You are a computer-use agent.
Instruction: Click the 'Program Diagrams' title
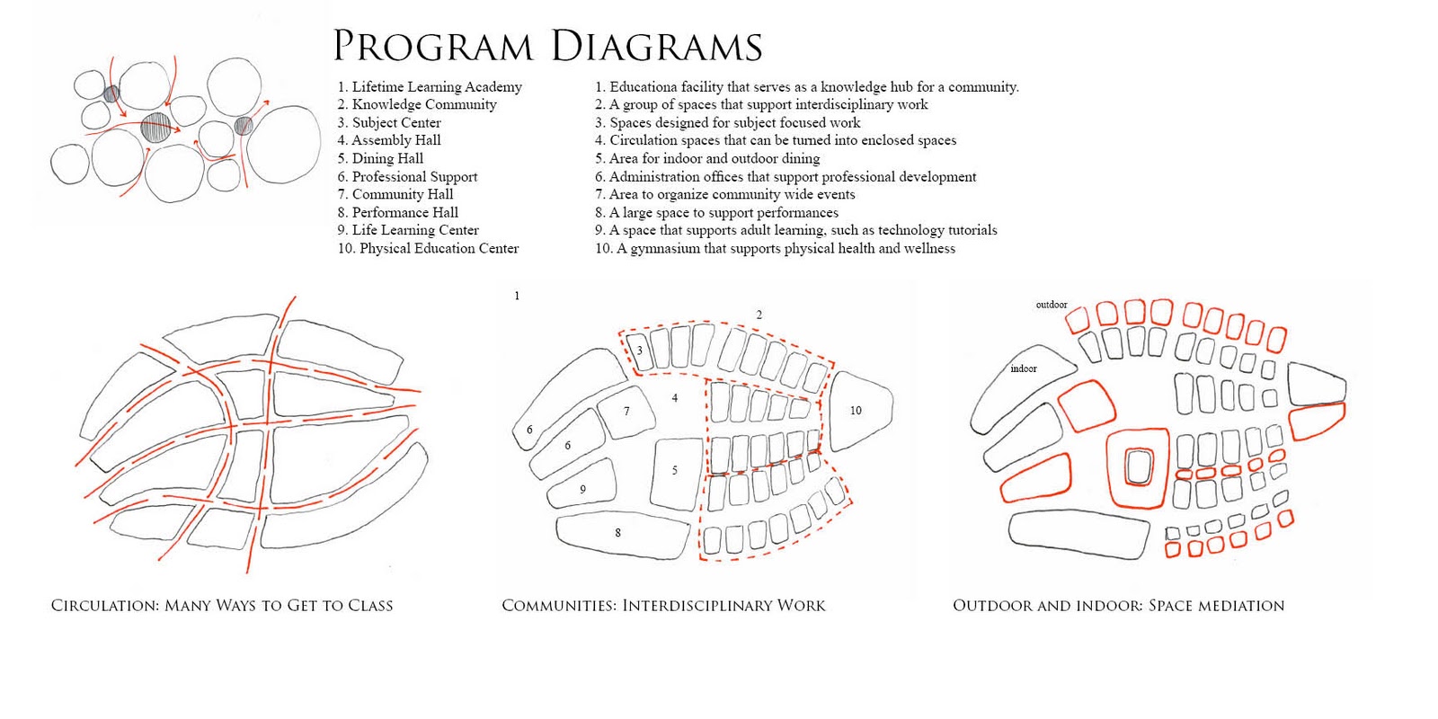pyautogui.click(x=547, y=46)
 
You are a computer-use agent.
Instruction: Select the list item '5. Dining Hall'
pyautogui.click(x=380, y=158)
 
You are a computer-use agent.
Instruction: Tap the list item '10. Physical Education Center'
pyautogui.click(x=428, y=248)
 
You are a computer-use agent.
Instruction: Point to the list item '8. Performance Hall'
pyautogui.click(x=398, y=212)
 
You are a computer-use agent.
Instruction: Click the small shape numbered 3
pyautogui.click(x=641, y=351)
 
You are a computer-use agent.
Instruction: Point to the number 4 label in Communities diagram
pyautogui.click(x=675, y=397)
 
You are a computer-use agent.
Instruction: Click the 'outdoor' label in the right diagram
pyautogui.click(x=1052, y=305)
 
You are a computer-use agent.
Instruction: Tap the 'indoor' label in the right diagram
pyautogui.click(x=1023, y=368)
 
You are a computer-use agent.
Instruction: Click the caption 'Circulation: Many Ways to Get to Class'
pyautogui.click(x=222, y=606)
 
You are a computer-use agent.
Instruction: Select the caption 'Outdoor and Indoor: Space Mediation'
pyautogui.click(x=1118, y=606)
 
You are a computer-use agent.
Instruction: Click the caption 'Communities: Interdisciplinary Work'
pyautogui.click(x=663, y=606)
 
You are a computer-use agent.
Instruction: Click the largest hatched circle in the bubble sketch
pyautogui.click(x=155, y=127)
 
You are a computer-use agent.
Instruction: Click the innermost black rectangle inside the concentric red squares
pyautogui.click(x=1139, y=468)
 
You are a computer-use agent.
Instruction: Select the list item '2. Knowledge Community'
pyautogui.click(x=417, y=104)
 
